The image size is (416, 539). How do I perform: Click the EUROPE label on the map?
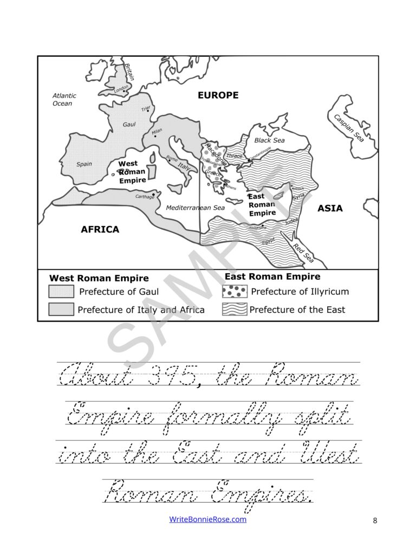[x=218, y=95]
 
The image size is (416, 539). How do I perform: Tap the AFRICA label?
[x=100, y=229]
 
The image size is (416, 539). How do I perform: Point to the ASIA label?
[x=330, y=208]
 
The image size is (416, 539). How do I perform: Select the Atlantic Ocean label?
[x=64, y=99]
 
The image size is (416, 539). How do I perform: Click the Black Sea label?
[x=269, y=140]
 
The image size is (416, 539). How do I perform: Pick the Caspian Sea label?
[x=348, y=129]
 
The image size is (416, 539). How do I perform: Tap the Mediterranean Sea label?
[x=195, y=208]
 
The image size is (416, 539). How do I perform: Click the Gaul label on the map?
[x=129, y=125]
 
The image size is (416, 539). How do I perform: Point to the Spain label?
[x=84, y=164]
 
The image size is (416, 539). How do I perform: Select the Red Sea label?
[x=303, y=253]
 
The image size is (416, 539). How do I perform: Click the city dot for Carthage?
[x=154, y=194]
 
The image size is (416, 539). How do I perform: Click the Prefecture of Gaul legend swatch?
[x=61, y=292]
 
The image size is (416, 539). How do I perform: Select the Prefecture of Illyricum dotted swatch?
[x=234, y=292]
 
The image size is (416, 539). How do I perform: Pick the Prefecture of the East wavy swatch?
[x=234, y=310]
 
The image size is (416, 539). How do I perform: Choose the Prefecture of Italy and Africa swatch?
[x=61, y=310]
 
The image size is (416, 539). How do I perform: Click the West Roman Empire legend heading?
[x=99, y=278]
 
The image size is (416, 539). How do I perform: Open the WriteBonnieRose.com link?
[x=208, y=519]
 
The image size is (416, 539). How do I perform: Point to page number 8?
[x=375, y=521]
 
